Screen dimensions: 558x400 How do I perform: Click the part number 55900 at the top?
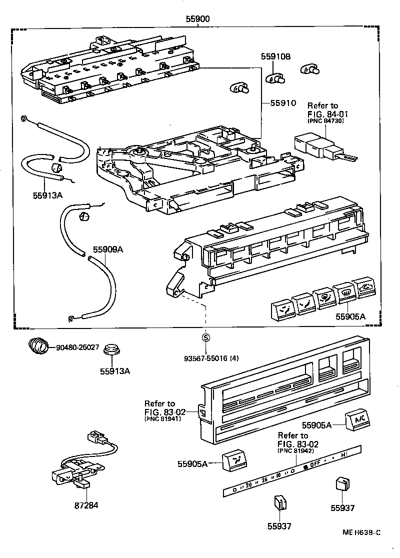(197, 19)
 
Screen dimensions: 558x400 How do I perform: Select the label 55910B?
(275, 57)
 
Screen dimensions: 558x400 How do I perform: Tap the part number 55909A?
(107, 248)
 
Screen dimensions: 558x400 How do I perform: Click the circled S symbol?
(205, 338)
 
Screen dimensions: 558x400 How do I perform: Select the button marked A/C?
(358, 420)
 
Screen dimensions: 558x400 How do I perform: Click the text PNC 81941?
(162, 419)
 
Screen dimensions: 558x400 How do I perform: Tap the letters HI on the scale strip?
(344, 455)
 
